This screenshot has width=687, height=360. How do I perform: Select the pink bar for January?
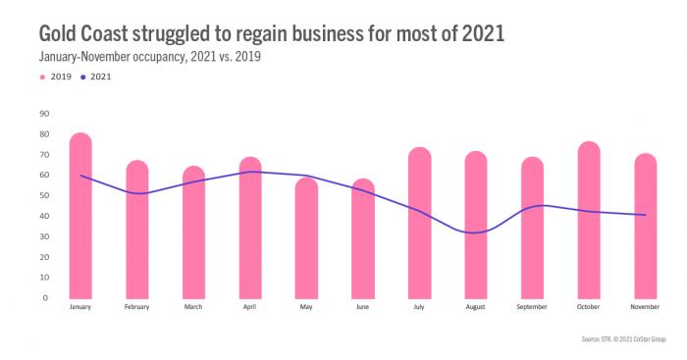click(80, 216)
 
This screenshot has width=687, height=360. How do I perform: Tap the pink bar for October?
click(589, 220)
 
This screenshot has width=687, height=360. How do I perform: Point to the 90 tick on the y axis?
click(44, 113)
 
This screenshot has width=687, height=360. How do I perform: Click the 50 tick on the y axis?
click(44, 195)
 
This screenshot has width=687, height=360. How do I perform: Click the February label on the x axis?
click(137, 308)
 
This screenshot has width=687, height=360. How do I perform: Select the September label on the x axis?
click(532, 308)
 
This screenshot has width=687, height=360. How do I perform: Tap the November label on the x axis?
click(645, 308)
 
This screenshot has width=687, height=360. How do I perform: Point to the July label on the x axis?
click(419, 308)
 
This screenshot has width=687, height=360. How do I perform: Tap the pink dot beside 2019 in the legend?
click(42, 76)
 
